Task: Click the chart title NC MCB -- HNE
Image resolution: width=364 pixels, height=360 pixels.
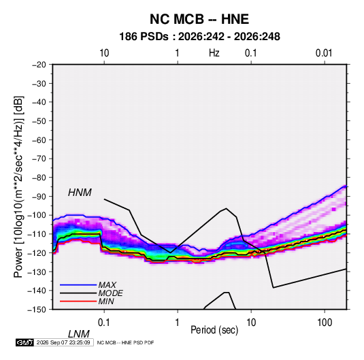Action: [199, 19]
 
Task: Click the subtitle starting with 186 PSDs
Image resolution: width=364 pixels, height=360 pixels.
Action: [199, 37]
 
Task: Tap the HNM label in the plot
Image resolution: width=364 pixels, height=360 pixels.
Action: [80, 193]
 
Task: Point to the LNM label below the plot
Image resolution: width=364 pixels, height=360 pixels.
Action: [78, 334]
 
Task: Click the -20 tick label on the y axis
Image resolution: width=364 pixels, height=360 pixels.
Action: [39, 65]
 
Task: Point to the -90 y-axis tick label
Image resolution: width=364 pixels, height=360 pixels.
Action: [39, 197]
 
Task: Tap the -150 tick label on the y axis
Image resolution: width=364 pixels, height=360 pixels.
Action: [37, 310]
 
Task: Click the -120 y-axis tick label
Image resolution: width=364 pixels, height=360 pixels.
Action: [37, 253]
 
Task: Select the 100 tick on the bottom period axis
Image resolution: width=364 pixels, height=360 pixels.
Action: [325, 323]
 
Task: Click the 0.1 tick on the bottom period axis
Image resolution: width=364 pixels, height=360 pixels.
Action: [104, 323]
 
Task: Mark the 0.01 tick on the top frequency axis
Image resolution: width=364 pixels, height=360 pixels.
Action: [324, 53]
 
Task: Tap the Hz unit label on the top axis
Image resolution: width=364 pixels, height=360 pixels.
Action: [214, 53]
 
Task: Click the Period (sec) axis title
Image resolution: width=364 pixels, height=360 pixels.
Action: [214, 330]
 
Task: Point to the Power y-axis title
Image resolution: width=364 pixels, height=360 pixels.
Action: [18, 186]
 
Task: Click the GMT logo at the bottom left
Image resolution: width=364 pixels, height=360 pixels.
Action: [24, 342]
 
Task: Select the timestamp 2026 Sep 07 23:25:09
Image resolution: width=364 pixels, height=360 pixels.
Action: [63, 342]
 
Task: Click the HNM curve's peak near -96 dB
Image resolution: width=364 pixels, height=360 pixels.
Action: [226, 208]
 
